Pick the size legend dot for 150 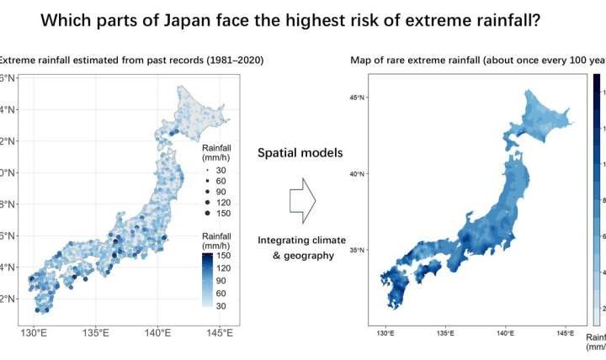point(206,214)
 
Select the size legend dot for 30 point(206,169)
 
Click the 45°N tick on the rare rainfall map point(356,98)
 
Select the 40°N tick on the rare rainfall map point(356,174)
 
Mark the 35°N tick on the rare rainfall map point(356,250)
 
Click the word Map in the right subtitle point(362,59)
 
